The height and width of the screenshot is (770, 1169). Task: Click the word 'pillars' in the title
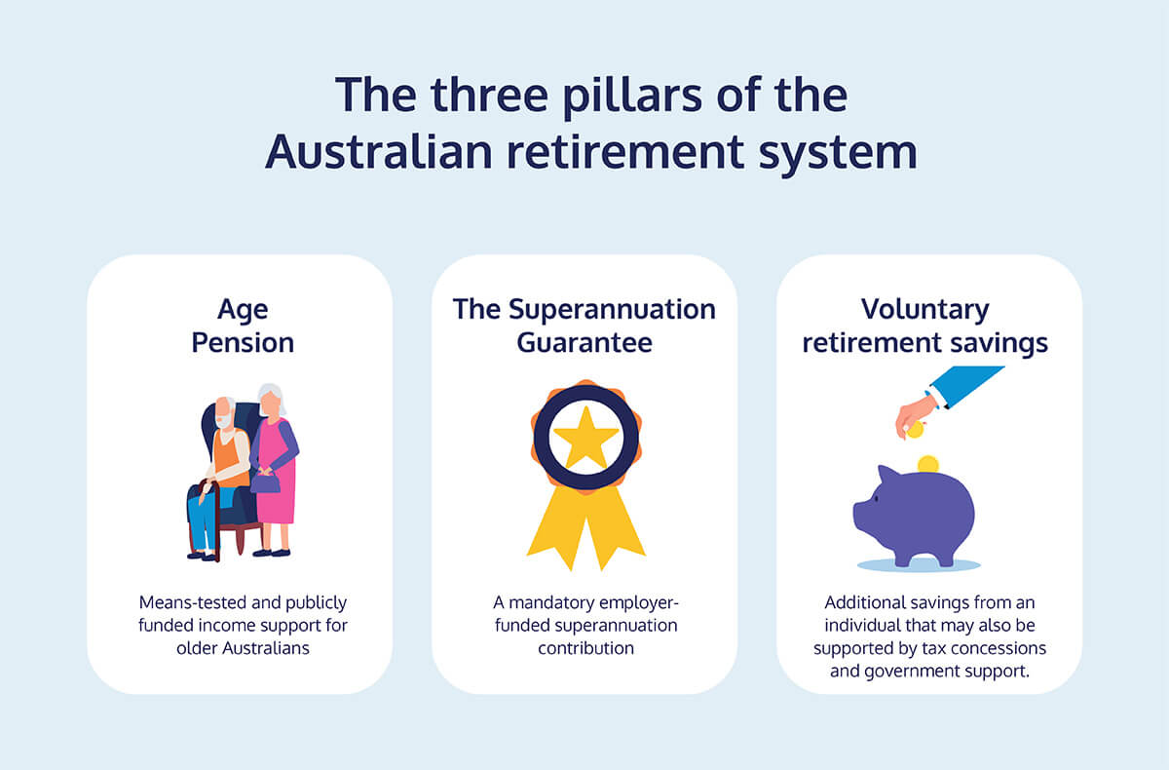coord(632,96)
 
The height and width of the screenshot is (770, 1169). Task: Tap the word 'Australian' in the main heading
coord(379,151)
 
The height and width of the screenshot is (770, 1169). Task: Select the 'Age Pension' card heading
coord(243,327)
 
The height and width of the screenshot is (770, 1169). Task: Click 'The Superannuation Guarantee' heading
coord(584,326)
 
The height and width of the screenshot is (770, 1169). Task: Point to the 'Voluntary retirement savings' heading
coord(925,327)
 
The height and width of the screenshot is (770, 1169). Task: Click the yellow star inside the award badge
coord(586,437)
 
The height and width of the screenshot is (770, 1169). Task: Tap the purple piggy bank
coord(914,516)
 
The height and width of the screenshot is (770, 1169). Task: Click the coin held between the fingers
coord(915,430)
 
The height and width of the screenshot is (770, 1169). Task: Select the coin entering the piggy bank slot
coord(927,464)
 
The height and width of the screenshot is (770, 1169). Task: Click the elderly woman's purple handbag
coord(265,481)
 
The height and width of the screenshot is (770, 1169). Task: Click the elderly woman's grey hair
coord(274,397)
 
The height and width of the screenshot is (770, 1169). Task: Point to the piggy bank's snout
coord(858,514)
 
